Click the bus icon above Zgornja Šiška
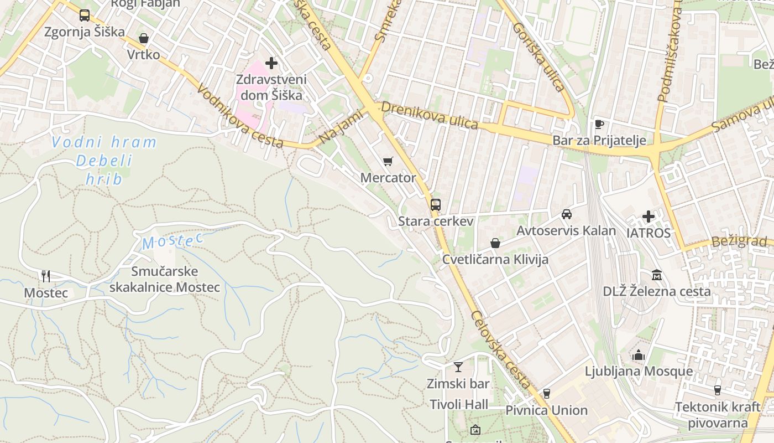[x=84, y=16]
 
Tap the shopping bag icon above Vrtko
[x=144, y=38]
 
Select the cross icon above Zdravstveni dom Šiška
[x=271, y=63]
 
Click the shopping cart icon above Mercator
[x=388, y=162]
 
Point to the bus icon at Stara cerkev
[x=436, y=205]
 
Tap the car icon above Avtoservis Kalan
[x=567, y=214]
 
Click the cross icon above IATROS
[x=649, y=217]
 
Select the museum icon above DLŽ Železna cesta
[x=657, y=275]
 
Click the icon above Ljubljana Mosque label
[x=639, y=355]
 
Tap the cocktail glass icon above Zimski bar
[x=458, y=367]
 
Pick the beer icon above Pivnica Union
[x=547, y=394]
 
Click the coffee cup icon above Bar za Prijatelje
[x=599, y=124]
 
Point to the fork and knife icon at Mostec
[x=46, y=276]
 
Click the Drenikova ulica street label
[x=430, y=115]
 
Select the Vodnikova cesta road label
[x=240, y=117]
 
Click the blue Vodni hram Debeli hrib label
[x=104, y=161]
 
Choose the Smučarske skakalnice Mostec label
[x=164, y=280]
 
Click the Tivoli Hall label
[x=459, y=405]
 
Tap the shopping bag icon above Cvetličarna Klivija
[x=495, y=243]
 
